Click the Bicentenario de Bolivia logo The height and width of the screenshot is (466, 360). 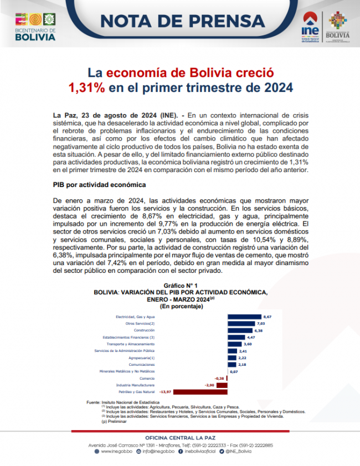tap(35, 26)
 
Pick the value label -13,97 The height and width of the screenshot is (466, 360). tap(164, 391)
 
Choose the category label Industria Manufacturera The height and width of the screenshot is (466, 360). tap(135, 385)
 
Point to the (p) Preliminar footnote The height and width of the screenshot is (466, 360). tap(114, 421)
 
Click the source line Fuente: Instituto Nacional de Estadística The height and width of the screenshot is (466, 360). tap(122, 402)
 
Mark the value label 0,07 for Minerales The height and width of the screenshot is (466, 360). tap(234, 371)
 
